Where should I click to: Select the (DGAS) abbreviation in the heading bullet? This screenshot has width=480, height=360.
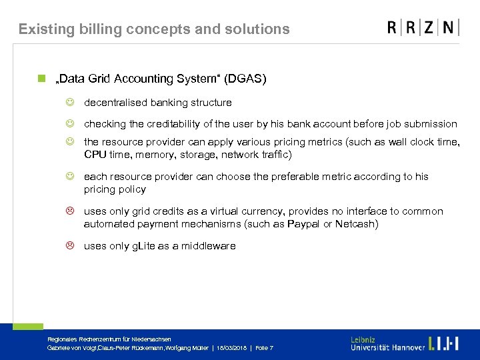coord(245,79)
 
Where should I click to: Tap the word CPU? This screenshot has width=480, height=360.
coord(95,155)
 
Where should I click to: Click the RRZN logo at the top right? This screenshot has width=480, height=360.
coord(423,27)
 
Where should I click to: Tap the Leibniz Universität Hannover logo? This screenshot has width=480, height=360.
coord(404,343)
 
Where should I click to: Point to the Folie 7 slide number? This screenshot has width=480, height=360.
coord(264,349)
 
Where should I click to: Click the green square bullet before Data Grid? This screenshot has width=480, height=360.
coord(41,79)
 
